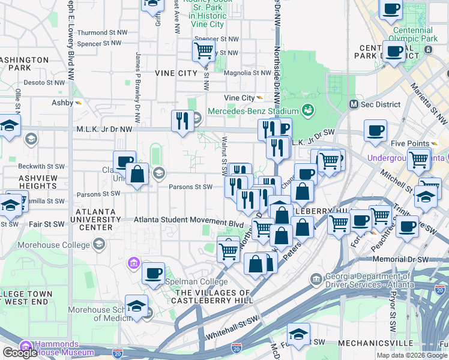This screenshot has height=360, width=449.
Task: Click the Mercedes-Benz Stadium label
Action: point(253,111)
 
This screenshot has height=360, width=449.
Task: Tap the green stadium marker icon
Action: point(308,110)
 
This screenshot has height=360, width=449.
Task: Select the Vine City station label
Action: point(239,98)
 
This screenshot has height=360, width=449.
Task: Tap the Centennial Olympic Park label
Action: point(413,34)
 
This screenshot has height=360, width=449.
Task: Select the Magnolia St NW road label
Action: point(247,73)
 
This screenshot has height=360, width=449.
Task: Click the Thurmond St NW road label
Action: point(103,32)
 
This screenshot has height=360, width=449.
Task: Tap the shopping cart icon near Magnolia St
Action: point(204,50)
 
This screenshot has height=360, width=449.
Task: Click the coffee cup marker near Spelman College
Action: point(153,273)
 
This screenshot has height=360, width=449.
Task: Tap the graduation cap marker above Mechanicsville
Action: point(298,334)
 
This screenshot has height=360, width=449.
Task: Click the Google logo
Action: point(20,353)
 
